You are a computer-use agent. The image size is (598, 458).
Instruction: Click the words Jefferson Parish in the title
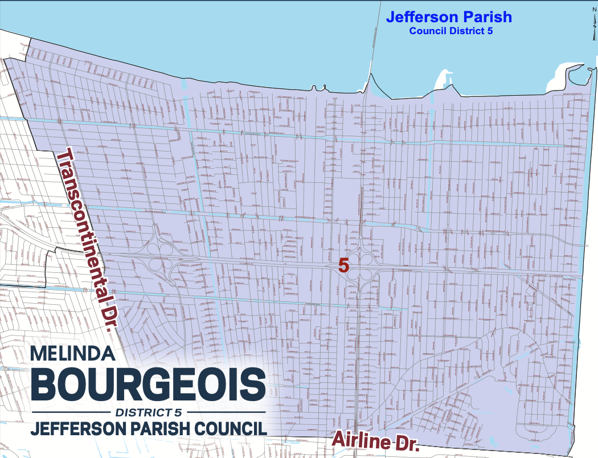point(449,17)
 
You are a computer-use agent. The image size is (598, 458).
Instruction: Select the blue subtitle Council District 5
point(450,31)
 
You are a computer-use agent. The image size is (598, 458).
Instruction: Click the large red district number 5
point(343,265)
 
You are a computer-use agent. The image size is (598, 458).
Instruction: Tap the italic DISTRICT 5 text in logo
point(149,412)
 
